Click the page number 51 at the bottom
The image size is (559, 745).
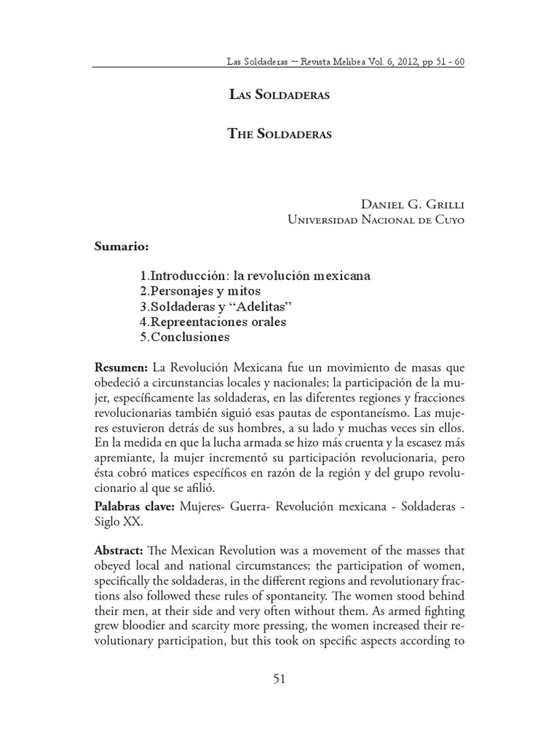[279, 680]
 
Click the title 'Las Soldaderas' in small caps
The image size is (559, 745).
[279, 97]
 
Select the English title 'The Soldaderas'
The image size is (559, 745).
[279, 135]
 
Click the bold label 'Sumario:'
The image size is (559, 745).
[122, 247]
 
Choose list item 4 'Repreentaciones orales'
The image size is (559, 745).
[211, 322]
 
